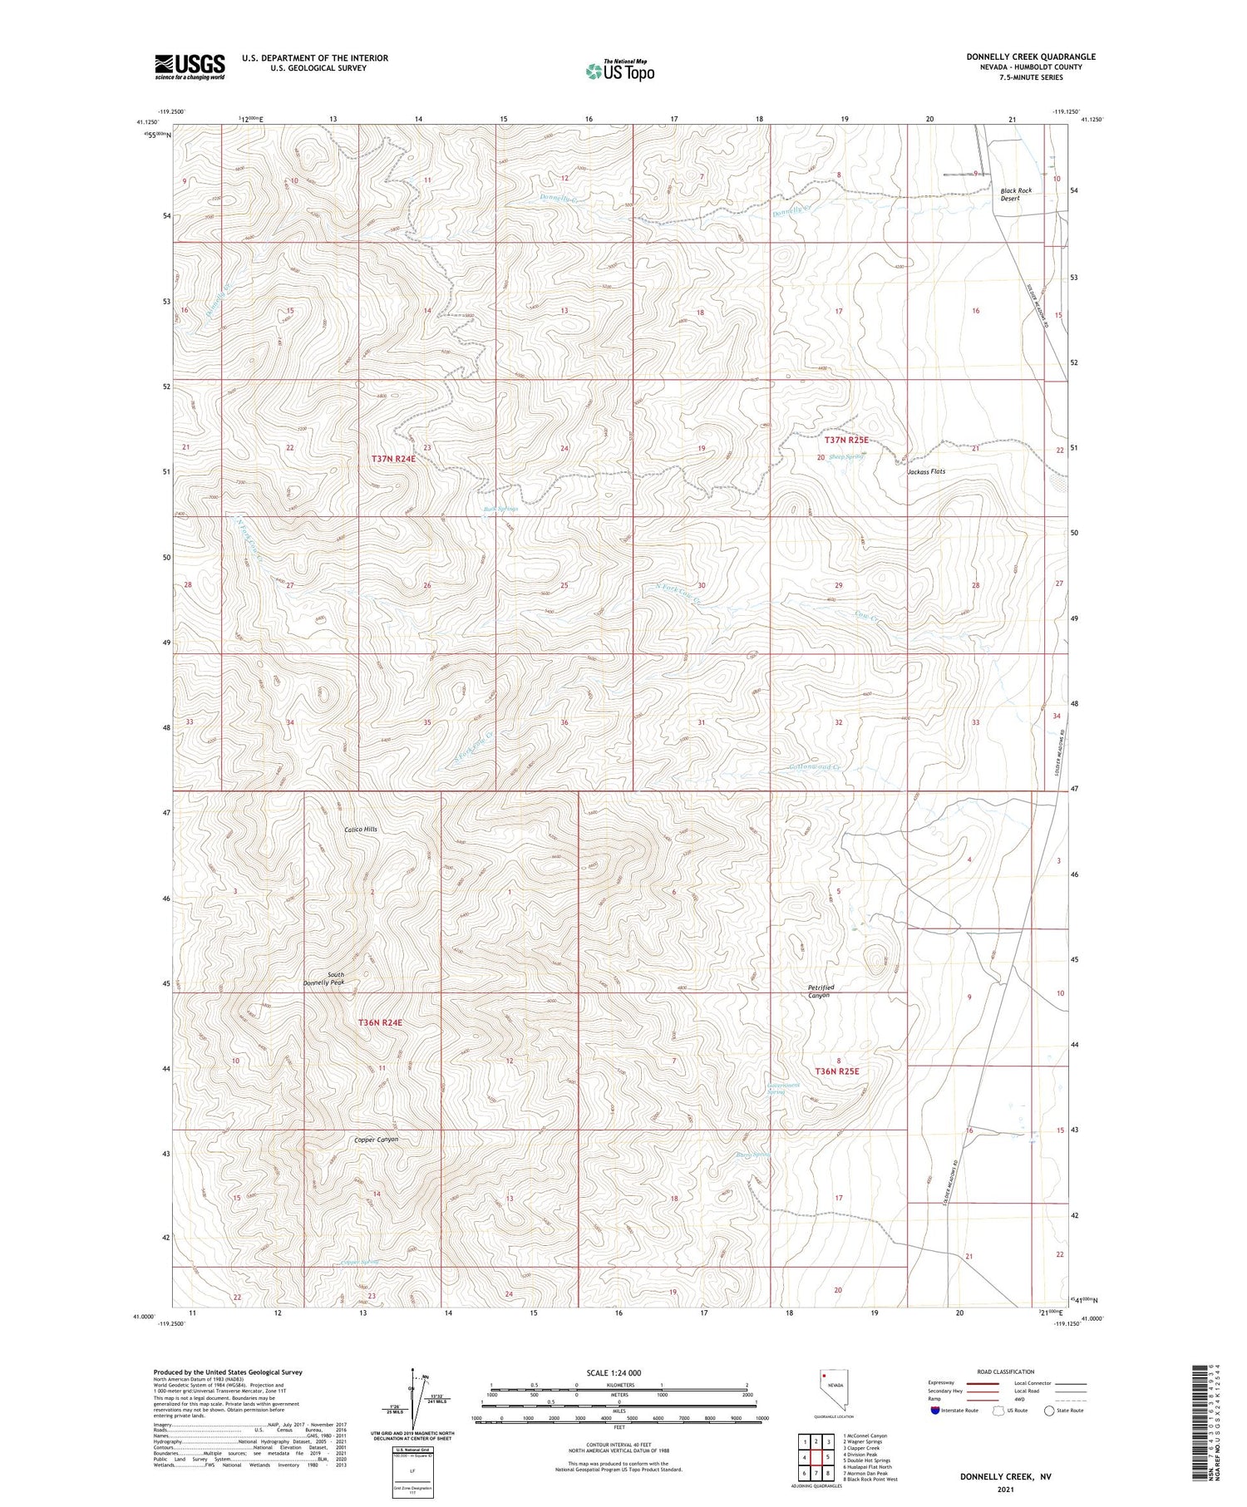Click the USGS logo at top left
[x=190, y=66]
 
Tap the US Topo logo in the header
[x=619, y=71]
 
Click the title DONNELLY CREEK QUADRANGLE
[x=1030, y=57]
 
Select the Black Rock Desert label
[x=1015, y=195]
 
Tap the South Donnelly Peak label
[x=323, y=978]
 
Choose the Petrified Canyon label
[x=821, y=991]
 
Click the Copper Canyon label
[x=376, y=1140]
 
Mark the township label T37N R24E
[x=393, y=459]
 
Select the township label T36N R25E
[x=836, y=1071]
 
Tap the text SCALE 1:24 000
[x=614, y=1372]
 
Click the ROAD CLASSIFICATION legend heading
[x=1005, y=1372]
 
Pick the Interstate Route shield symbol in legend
[x=935, y=1411]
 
